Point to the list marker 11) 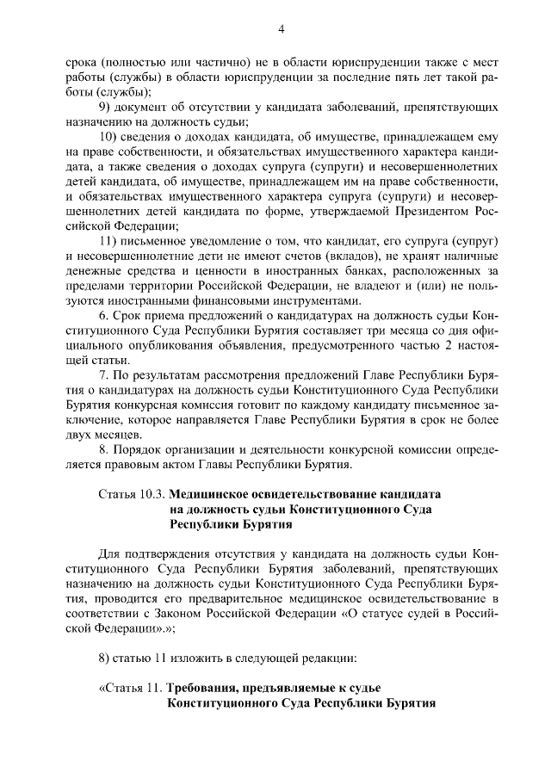click(109, 240)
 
